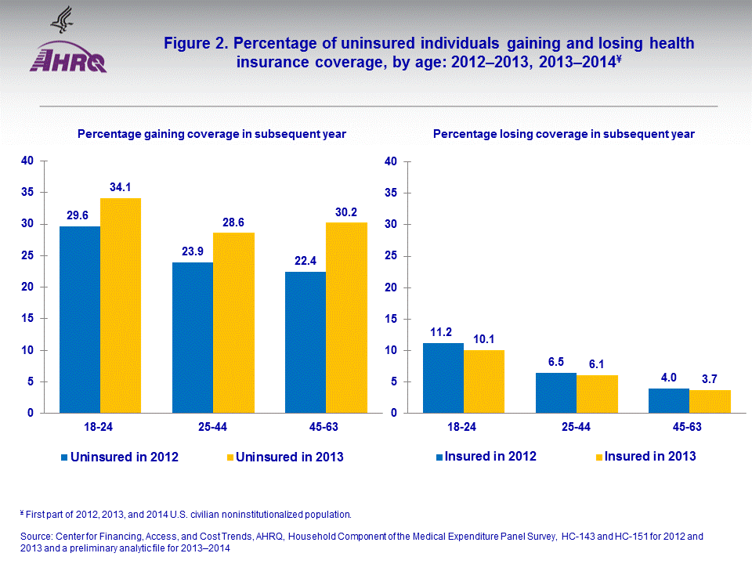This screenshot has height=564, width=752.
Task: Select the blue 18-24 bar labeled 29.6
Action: [x=80, y=320]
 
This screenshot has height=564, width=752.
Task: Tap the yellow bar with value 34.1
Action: [x=121, y=305]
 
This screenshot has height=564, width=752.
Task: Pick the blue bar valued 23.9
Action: [x=193, y=338]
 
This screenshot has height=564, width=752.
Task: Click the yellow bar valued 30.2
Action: [x=346, y=317]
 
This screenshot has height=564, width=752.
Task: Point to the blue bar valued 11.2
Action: [x=443, y=378]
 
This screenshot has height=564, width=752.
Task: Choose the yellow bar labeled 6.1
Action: [x=597, y=394]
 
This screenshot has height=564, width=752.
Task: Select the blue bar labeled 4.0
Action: [x=669, y=400]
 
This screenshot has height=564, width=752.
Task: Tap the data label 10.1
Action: [x=484, y=340]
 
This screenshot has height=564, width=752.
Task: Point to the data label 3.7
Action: [x=710, y=380]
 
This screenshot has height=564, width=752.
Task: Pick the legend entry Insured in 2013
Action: [x=645, y=456]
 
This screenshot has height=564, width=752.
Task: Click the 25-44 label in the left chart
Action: [x=213, y=427]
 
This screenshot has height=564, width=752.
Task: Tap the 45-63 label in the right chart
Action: [x=689, y=427]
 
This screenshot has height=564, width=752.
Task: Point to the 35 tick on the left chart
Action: [x=27, y=193]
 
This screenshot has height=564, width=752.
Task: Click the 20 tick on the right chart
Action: [x=392, y=287]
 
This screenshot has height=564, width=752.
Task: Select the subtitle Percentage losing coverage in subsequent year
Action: [x=563, y=134]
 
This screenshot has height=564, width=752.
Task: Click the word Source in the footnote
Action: [x=36, y=537]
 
